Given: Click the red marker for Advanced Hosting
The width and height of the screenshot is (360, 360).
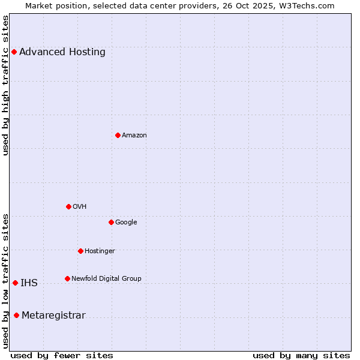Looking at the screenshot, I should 14,52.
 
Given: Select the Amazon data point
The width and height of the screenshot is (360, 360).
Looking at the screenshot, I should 118,135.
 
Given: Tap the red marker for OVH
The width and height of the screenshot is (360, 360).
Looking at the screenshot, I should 68,206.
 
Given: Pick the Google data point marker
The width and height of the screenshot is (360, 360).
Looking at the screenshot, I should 111,222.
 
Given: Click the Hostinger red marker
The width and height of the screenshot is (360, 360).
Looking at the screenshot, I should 80,251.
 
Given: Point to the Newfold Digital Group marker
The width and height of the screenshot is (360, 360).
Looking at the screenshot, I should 67,278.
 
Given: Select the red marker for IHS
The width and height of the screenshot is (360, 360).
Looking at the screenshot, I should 15,283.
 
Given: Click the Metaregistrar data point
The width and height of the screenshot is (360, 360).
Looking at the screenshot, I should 16,316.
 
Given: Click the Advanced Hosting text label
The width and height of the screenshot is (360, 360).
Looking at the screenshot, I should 62,52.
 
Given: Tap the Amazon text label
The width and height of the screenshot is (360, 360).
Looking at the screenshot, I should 134,135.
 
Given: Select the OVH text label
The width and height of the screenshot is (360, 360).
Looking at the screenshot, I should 80,206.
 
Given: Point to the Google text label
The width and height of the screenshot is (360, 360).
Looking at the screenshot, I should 126,222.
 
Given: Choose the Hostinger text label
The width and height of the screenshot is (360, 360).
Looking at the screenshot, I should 100,251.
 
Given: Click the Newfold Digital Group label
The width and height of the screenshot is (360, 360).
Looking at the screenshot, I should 106,278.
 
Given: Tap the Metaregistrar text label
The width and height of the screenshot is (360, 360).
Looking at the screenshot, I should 53,316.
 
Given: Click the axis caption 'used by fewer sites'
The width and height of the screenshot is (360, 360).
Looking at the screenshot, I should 62,355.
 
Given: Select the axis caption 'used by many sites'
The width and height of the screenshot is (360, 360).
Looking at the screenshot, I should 301,355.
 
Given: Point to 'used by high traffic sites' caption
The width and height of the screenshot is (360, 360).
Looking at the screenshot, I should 6,85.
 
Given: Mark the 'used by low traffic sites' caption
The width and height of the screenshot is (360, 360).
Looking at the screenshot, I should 6,281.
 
